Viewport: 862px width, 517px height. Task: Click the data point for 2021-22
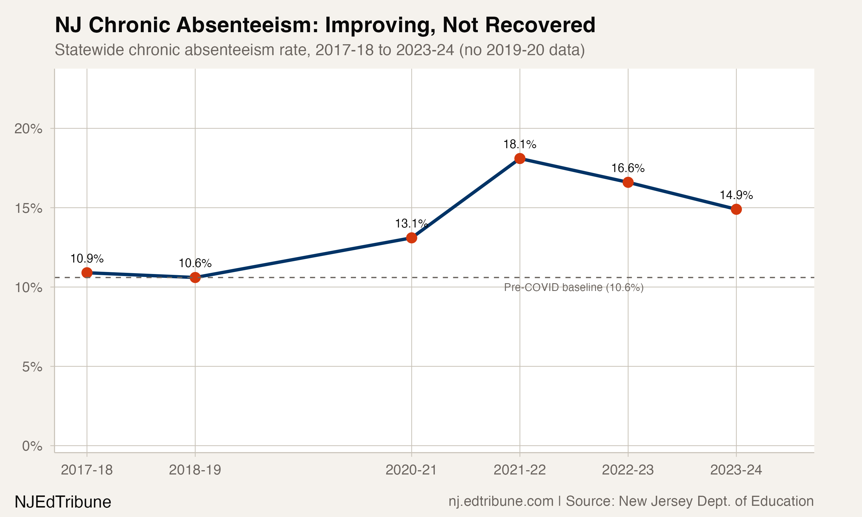(519, 159)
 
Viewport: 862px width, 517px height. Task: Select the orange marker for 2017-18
(87, 273)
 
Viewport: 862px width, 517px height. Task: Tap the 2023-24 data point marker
(736, 209)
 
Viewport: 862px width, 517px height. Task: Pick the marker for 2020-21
(411, 238)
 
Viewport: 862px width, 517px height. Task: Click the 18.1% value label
(519, 144)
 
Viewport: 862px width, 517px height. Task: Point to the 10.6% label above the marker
(195, 263)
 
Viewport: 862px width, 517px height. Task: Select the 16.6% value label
(628, 168)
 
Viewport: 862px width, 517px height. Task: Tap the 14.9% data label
(736, 195)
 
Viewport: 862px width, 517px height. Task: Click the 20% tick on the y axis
(28, 129)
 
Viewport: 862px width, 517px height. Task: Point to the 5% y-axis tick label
(32, 367)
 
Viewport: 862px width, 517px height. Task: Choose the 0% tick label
(32, 446)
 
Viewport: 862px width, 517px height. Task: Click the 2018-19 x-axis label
(195, 470)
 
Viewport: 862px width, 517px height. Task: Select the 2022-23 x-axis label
(628, 470)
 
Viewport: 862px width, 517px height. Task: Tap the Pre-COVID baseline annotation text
(574, 288)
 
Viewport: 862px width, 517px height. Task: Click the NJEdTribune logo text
(63, 502)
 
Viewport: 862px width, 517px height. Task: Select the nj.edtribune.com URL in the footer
(501, 501)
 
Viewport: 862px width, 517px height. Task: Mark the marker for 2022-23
(628, 182)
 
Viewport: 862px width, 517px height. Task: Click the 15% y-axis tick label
(28, 208)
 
